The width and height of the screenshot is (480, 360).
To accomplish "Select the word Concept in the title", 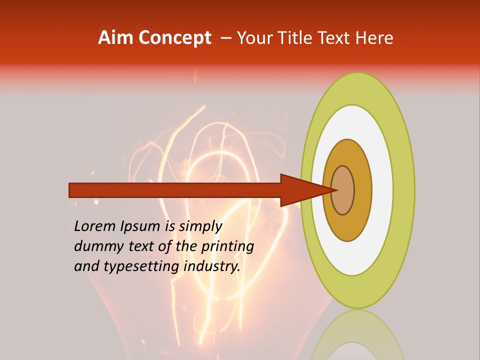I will coord(174,38).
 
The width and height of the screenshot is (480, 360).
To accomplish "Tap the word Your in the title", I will coord(253,38).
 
